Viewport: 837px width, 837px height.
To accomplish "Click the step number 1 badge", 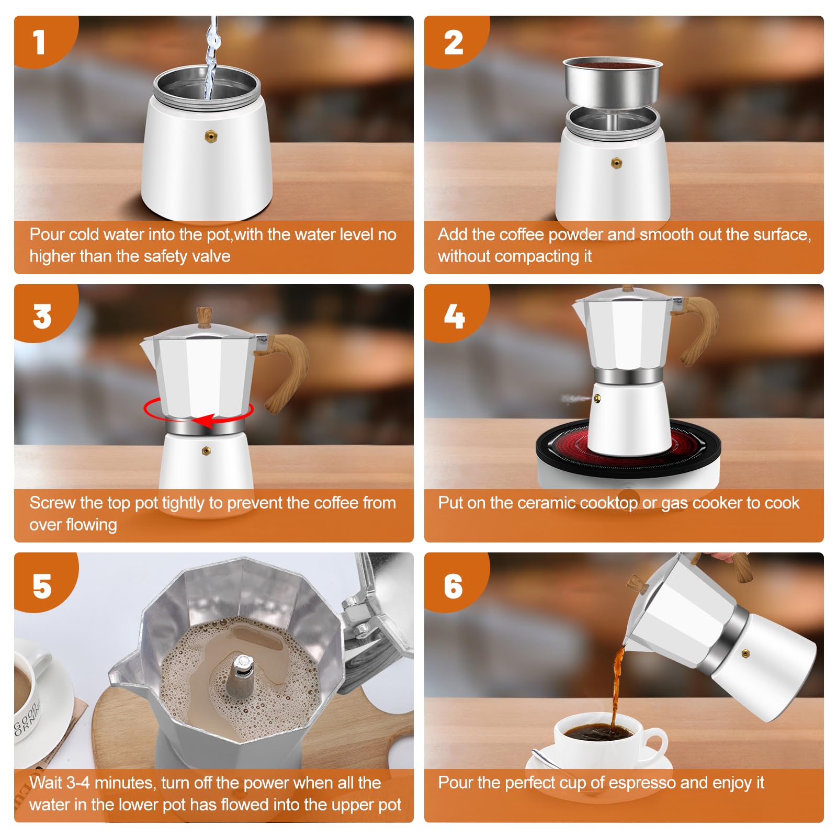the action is (x=39, y=42).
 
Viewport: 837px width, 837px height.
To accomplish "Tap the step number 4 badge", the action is (x=454, y=316).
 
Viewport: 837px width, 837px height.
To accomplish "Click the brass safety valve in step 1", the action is (x=211, y=137).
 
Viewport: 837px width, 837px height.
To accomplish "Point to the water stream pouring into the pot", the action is (x=211, y=58).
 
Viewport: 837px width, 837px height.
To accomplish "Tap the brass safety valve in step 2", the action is (x=616, y=163).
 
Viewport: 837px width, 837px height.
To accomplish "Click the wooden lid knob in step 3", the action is (x=204, y=317).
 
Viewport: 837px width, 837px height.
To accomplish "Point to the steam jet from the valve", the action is (x=577, y=399).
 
